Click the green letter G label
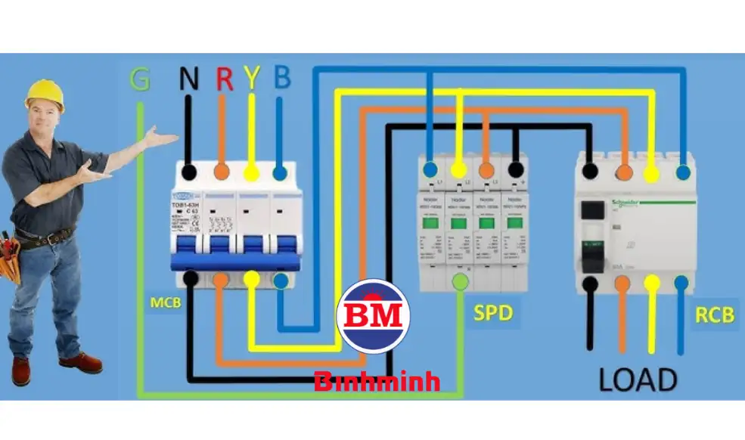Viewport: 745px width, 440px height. (139, 78)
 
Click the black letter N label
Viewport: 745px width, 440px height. (188, 78)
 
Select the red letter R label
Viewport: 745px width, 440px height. (224, 78)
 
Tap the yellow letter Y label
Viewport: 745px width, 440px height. (252, 78)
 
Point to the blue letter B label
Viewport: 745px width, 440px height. (281, 78)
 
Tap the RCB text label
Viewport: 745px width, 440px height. (715, 314)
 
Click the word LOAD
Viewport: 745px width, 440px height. (638, 380)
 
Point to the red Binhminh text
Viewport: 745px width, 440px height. (377, 381)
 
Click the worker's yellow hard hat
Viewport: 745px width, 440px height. (44, 95)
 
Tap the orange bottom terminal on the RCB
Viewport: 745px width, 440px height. (622, 284)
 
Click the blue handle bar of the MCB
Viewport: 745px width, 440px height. (236, 262)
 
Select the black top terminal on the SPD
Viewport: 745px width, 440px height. (516, 169)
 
